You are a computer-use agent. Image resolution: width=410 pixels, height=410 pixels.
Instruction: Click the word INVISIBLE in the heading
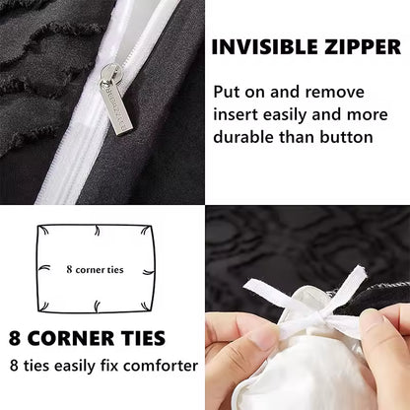pos(265,47)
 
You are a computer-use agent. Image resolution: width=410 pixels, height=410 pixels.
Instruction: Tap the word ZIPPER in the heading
pos(363,47)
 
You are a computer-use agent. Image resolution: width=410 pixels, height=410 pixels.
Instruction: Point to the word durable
pos(243,136)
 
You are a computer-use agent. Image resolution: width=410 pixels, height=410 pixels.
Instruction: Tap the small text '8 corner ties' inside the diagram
pos(95,270)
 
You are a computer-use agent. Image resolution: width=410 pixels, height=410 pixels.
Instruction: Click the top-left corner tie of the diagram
pos(43,231)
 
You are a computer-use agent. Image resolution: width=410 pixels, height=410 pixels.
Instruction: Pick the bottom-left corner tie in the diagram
pos(43,307)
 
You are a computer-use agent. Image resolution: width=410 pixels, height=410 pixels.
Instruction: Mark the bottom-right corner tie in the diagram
pos(146,307)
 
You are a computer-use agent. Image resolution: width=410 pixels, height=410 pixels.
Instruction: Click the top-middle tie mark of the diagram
pos(97,231)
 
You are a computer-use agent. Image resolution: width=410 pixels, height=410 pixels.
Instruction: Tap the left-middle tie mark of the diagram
pos(44,268)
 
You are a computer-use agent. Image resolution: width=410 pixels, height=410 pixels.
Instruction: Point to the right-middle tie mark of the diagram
pos(149,272)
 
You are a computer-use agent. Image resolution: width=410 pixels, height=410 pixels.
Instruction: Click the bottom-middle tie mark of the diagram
pos(97,307)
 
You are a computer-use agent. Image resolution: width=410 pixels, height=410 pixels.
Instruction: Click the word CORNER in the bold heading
pos(72,338)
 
